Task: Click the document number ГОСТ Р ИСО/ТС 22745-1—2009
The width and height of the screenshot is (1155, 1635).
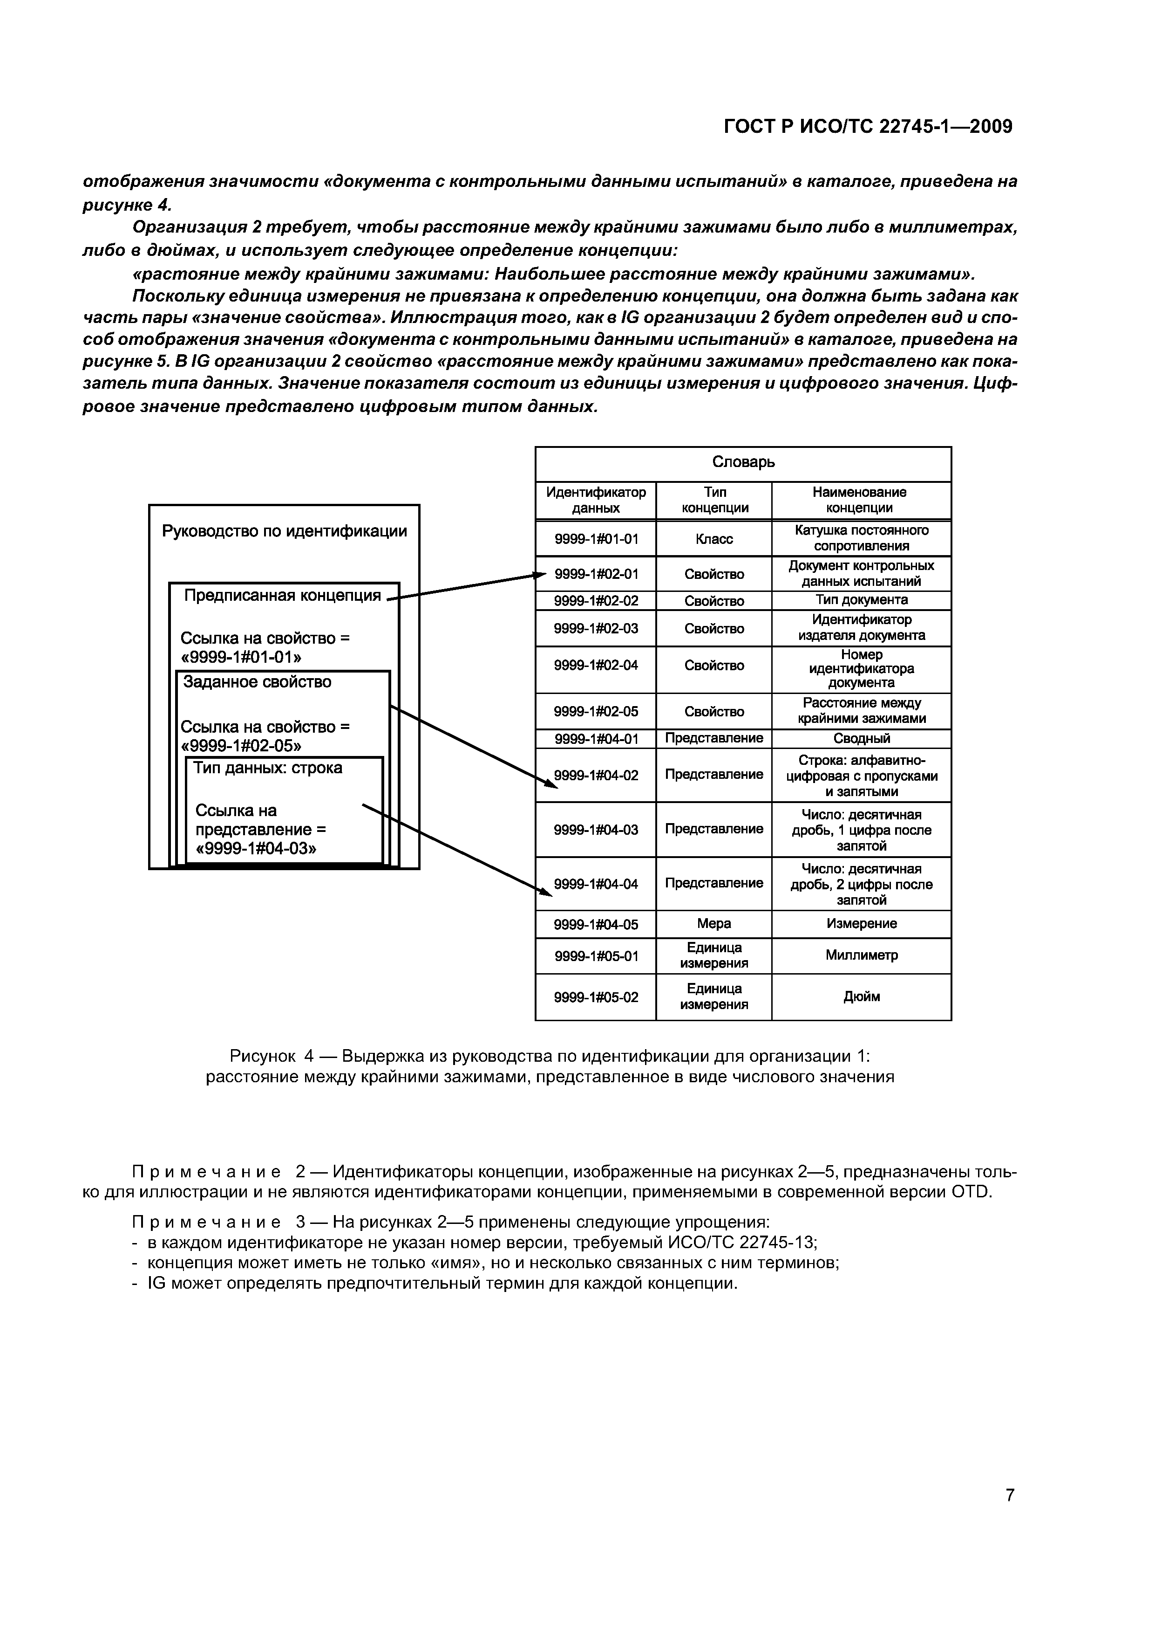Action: pos(868,127)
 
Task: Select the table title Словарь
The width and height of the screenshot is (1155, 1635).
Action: pos(743,462)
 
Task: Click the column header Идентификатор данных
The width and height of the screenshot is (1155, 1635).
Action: pos(596,500)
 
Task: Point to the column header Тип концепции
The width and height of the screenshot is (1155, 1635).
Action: pos(714,500)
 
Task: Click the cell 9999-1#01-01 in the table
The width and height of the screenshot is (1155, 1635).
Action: pos(596,539)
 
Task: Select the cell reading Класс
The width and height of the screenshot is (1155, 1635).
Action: pos(714,539)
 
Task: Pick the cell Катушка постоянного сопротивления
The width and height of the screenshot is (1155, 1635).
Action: pos(861,538)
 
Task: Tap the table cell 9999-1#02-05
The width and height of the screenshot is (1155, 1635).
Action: pos(596,711)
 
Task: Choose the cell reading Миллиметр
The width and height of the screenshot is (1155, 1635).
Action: pos(861,955)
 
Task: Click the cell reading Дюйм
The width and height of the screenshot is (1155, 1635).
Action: pos(861,996)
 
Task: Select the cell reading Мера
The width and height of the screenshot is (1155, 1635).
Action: pos(714,924)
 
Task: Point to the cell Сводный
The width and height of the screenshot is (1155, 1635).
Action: pos(861,738)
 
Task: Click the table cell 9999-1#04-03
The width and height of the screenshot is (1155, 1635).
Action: pos(596,830)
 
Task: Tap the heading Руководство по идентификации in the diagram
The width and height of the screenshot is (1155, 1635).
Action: pos(285,531)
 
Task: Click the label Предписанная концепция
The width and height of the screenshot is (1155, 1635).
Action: pos(283,595)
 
